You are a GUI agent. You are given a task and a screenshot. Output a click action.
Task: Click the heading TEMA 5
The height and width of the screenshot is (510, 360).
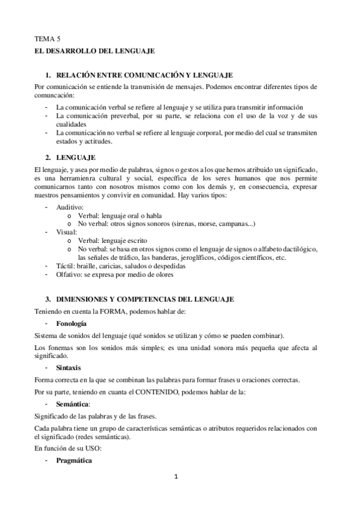(x=44, y=38)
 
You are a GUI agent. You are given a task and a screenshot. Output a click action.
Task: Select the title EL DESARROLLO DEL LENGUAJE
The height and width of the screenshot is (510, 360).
(x=94, y=52)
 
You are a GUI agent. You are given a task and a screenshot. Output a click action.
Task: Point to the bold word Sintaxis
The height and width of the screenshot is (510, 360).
(x=68, y=367)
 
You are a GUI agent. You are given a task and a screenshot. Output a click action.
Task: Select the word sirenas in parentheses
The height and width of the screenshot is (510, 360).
(x=186, y=224)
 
